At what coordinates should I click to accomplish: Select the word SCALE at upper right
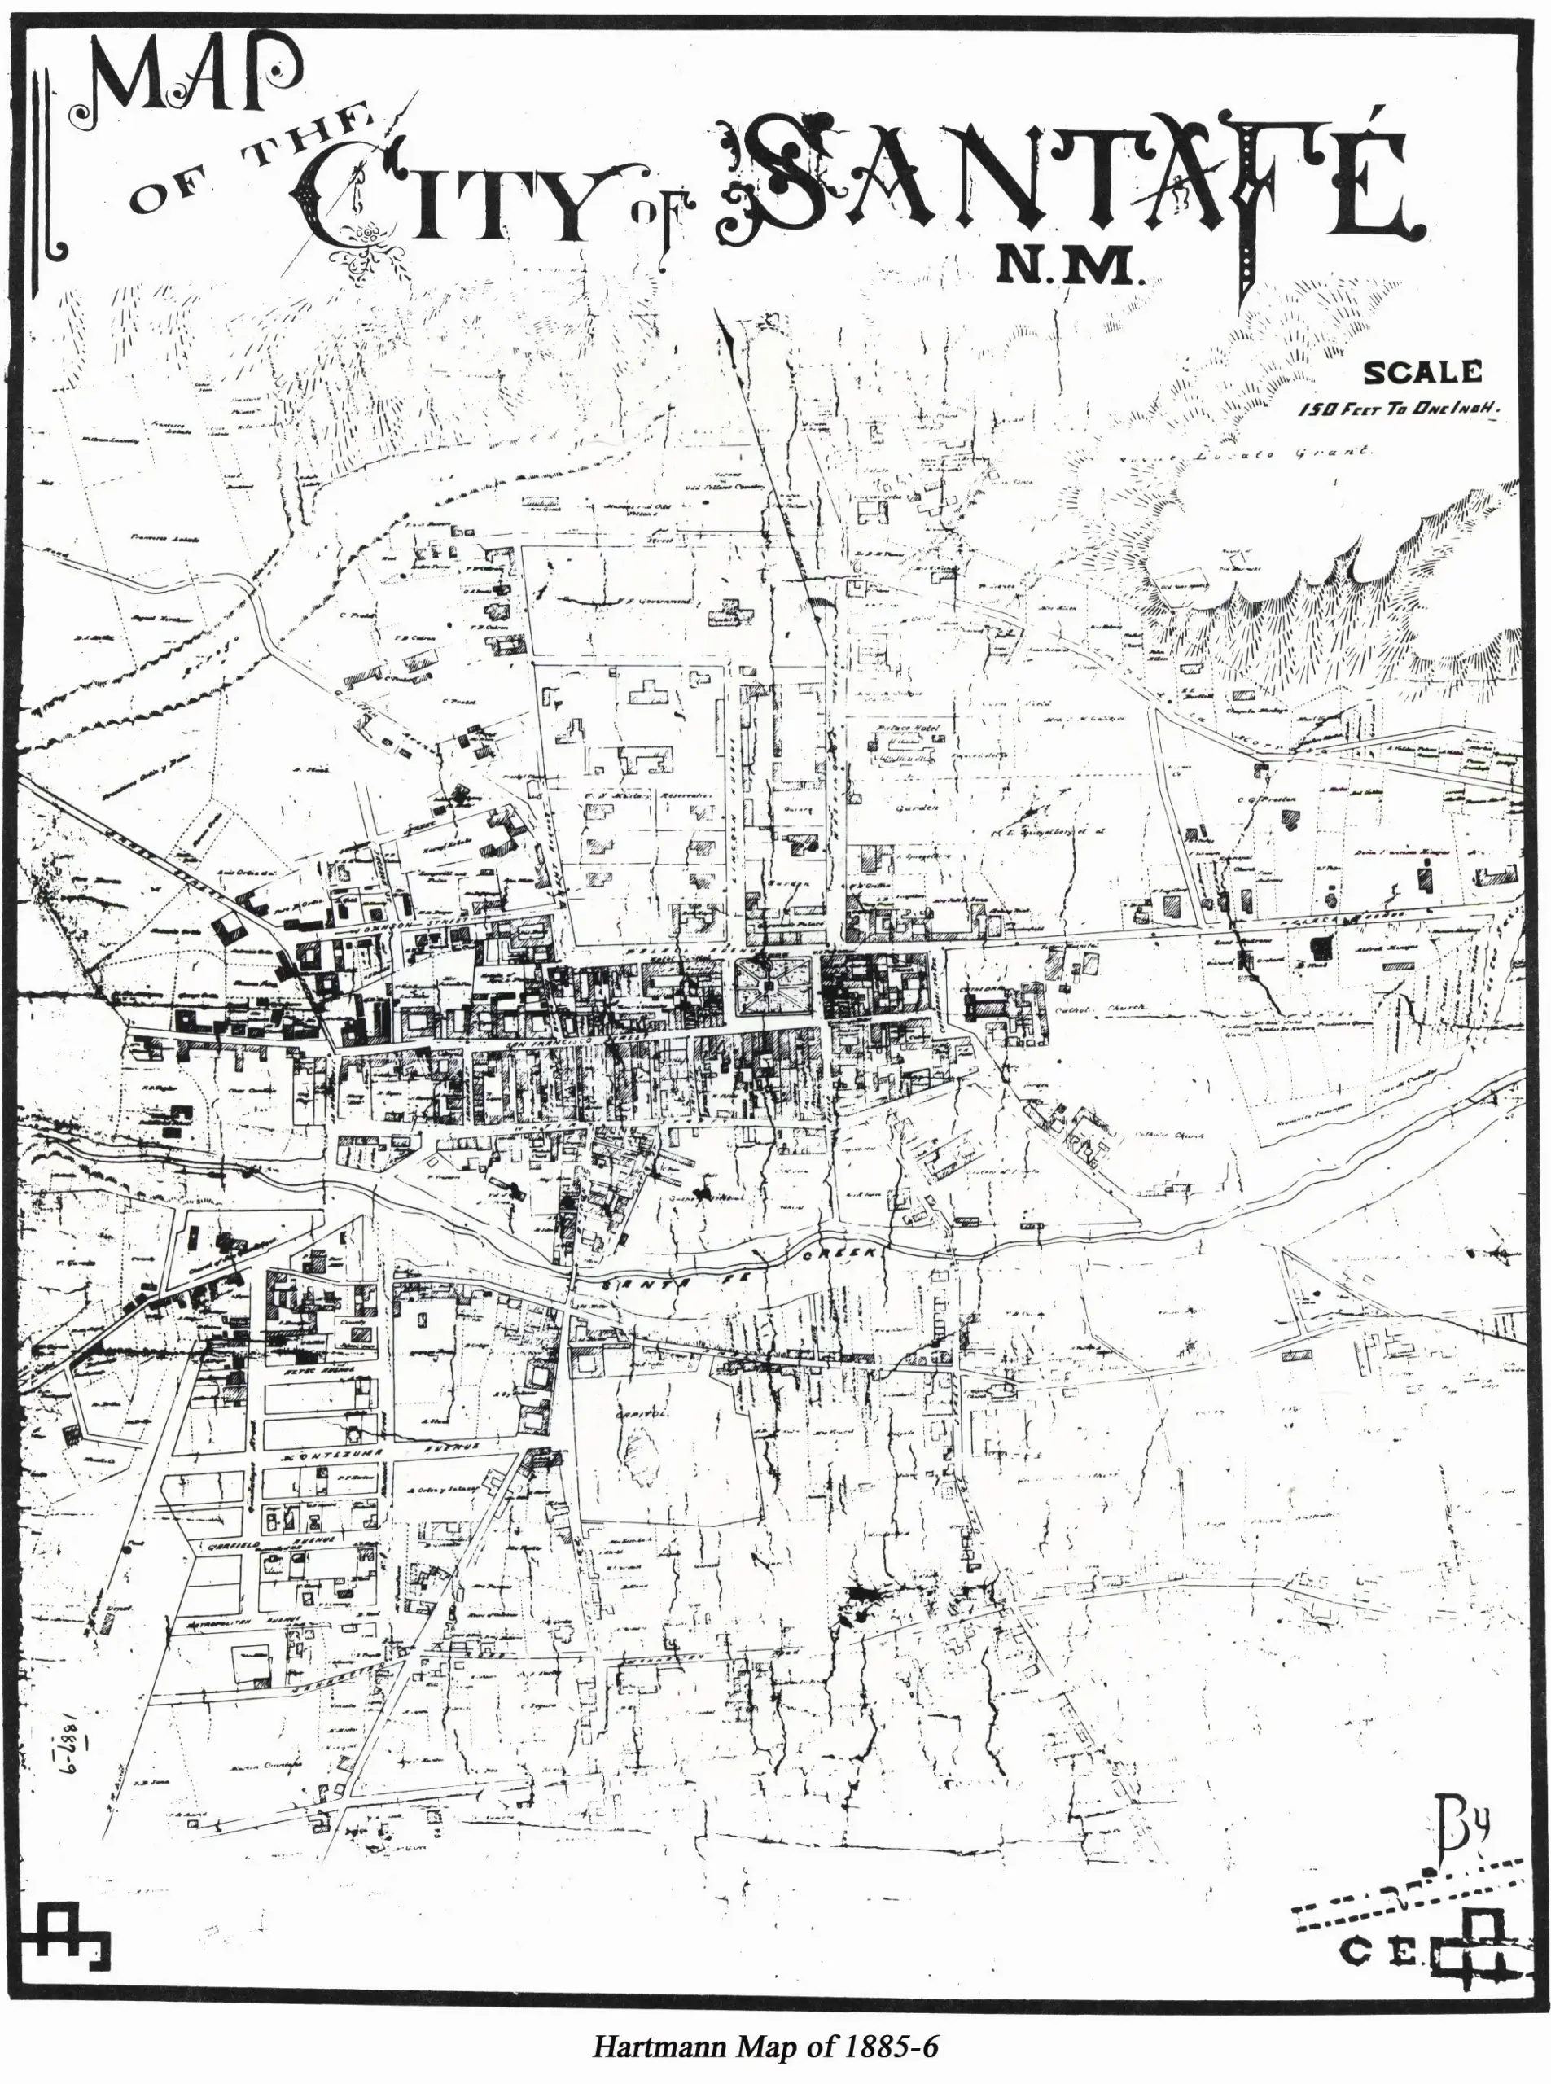1422,373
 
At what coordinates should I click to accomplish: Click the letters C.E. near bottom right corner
1380,1948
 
